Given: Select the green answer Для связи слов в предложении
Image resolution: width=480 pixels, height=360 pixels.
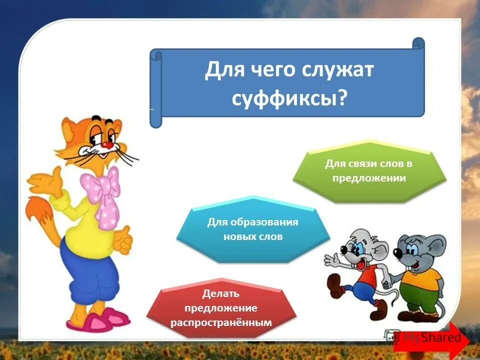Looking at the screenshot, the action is pos(369,170).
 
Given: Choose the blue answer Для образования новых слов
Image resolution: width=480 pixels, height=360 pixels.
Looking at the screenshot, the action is pos(253,229).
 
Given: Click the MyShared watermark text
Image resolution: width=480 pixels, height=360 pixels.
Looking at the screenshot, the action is pos(433,338).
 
